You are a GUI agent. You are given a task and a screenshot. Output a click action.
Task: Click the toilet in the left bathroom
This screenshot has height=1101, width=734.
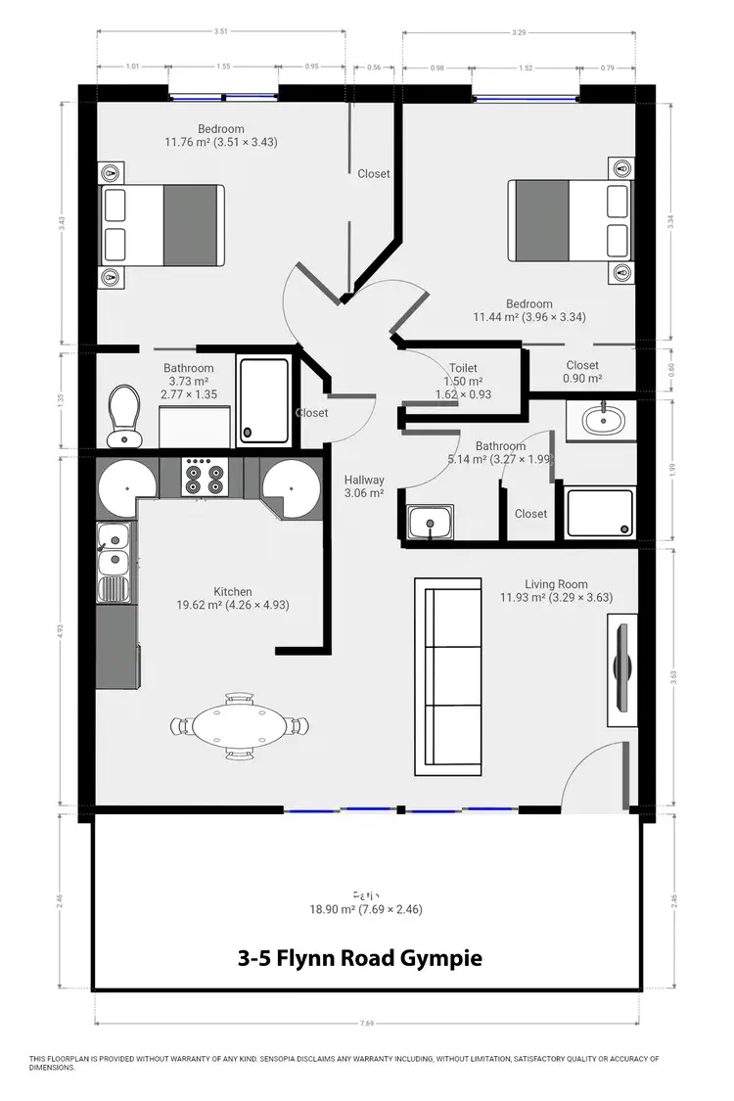124,413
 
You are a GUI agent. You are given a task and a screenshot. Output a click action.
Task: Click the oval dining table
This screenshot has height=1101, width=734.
240,726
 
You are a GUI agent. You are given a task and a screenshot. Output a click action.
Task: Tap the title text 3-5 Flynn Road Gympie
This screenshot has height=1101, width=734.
360,958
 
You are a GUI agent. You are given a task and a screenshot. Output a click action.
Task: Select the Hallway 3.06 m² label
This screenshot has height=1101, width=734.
364,487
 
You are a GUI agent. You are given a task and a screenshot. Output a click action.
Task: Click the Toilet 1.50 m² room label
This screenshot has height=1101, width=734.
463,382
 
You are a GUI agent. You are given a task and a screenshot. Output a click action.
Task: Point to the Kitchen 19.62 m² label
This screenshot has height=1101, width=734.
233,598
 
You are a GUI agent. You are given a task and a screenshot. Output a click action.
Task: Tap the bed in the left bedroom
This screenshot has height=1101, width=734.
163,226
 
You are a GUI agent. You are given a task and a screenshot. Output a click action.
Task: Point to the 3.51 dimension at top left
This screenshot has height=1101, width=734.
221,31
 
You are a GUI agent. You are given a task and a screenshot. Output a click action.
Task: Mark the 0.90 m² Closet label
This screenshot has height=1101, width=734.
582,372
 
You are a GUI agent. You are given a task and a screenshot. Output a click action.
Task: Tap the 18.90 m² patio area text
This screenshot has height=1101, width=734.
366,901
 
